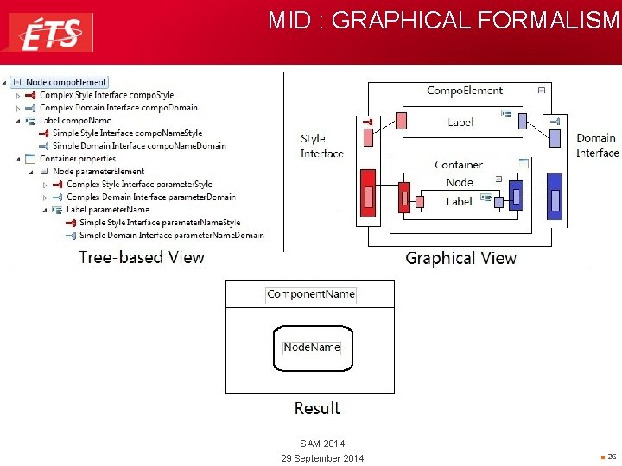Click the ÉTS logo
51,33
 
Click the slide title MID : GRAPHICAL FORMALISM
443,21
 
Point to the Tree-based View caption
142,257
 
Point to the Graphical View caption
460,258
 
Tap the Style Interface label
321,146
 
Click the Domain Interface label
597,145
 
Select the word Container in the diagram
459,164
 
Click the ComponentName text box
310,294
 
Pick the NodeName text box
312,347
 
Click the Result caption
317,408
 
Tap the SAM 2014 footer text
322,444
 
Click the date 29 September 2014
322,457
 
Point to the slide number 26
611,456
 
